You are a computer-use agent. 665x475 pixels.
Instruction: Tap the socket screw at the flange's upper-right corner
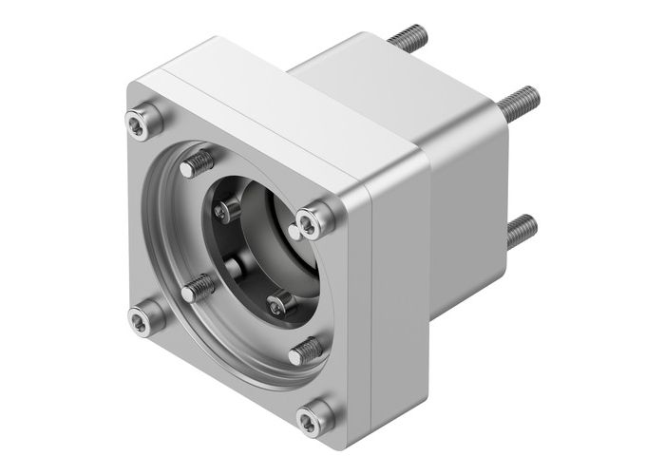pos(313,220)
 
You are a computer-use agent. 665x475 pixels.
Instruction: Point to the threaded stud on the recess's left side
pos(197,287)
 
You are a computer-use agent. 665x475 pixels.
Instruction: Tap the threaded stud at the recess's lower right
pos(303,351)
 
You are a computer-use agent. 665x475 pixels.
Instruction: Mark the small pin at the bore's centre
pos(233,264)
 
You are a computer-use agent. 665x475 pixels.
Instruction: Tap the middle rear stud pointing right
pos(518,97)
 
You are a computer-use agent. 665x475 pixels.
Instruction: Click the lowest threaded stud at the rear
pos(519,229)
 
